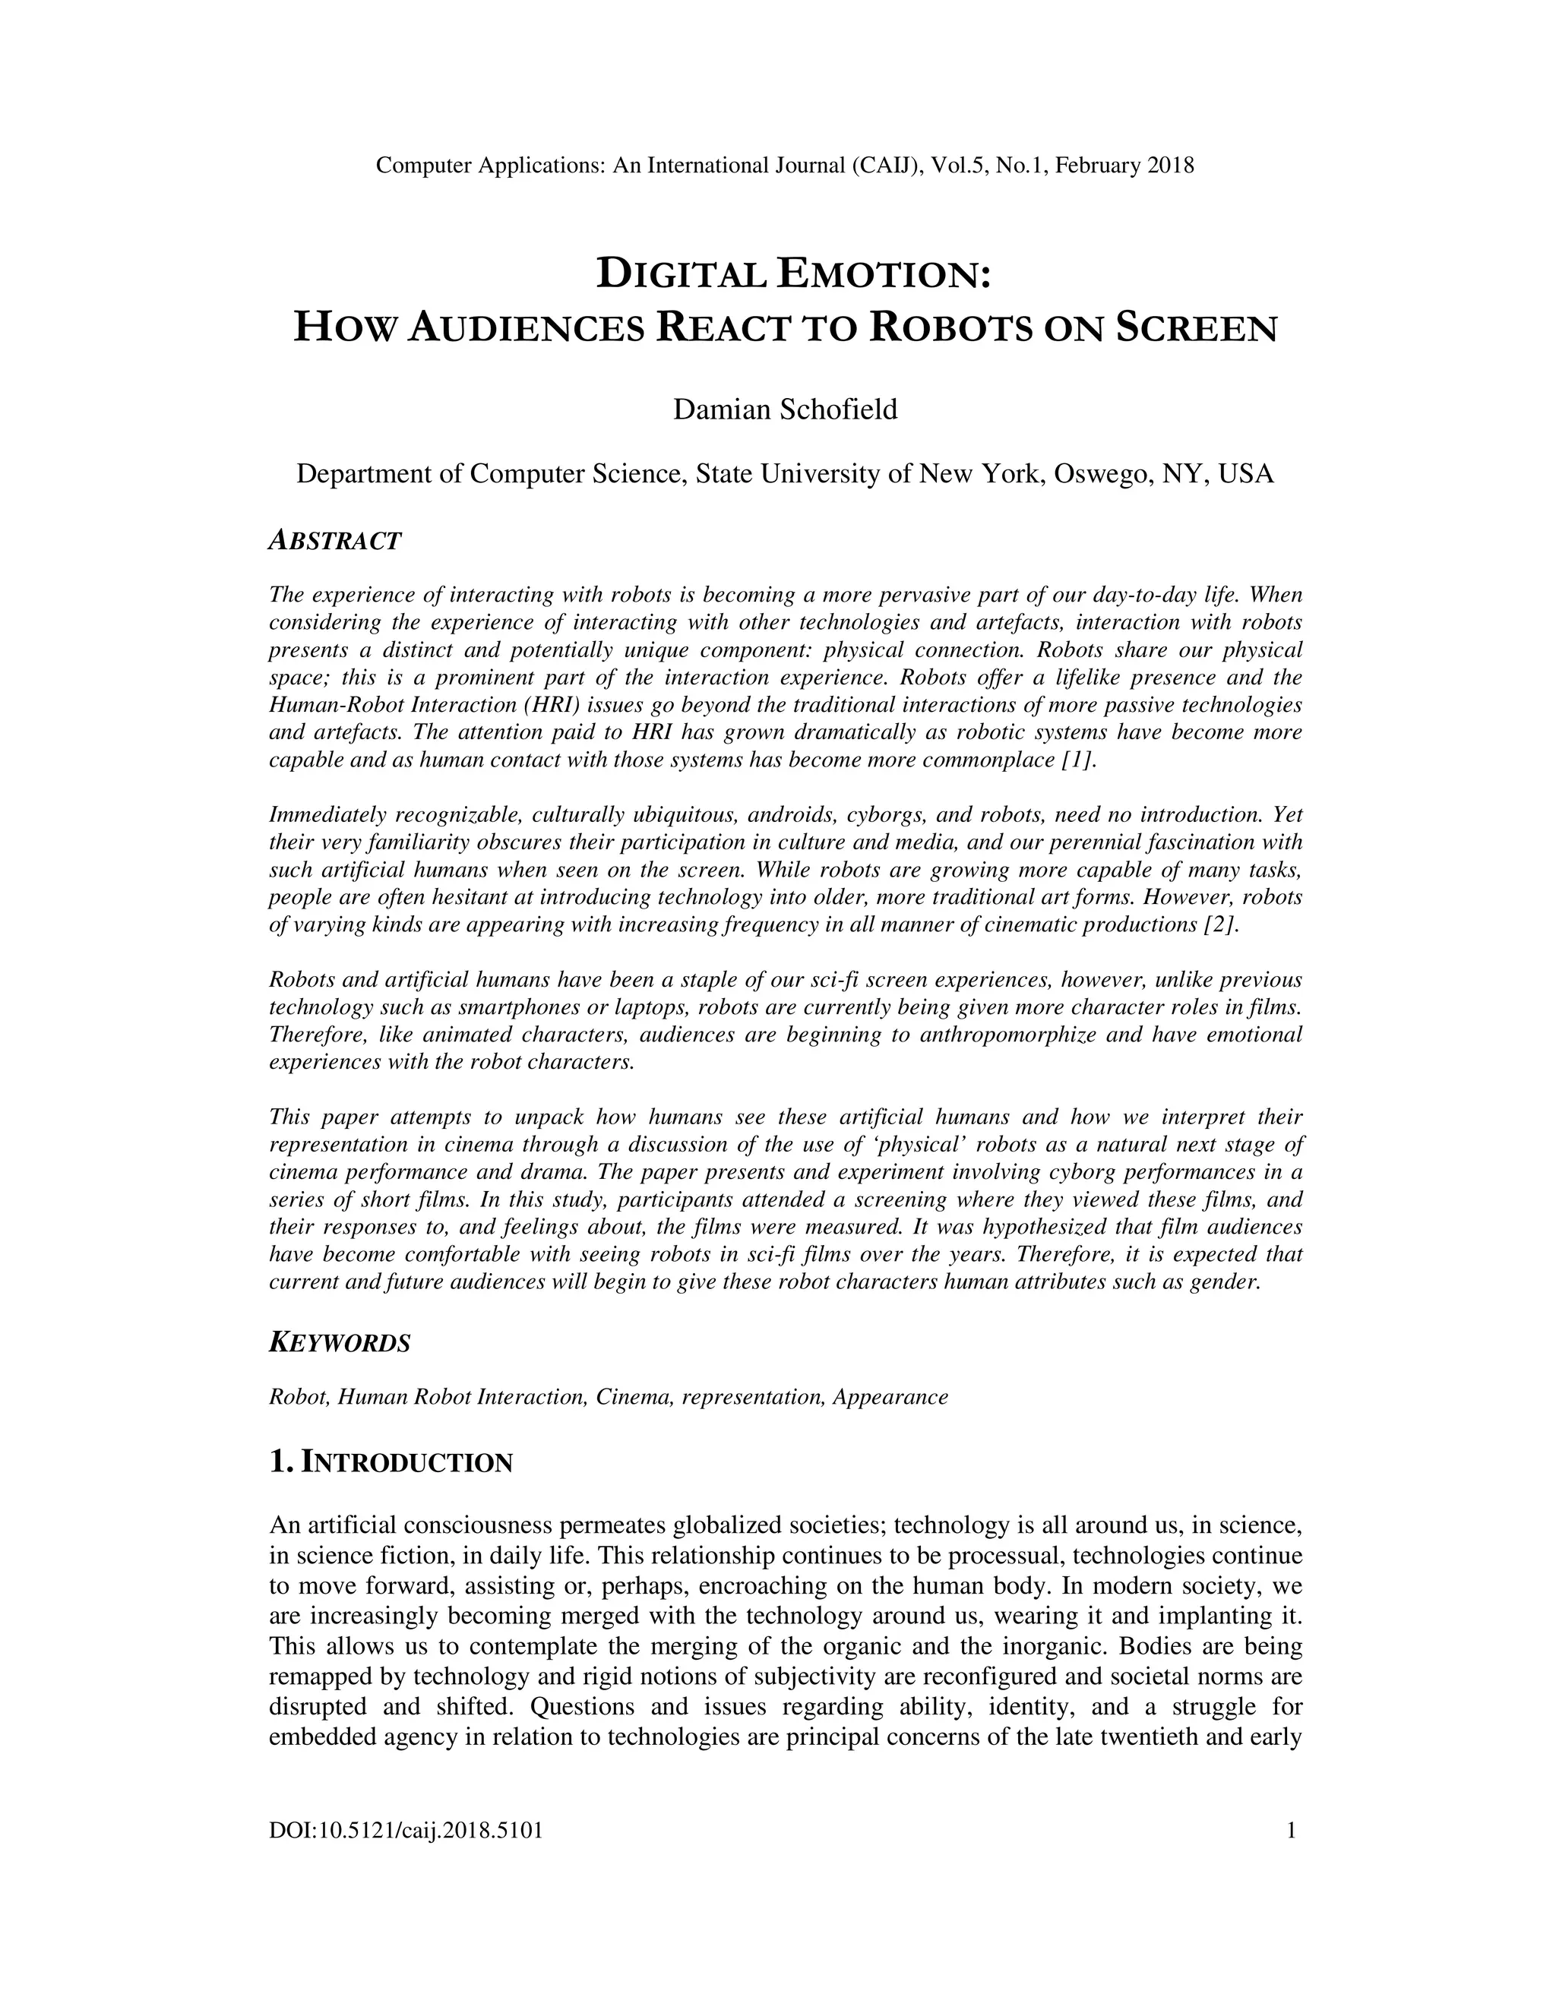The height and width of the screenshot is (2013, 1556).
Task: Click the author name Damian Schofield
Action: coord(784,409)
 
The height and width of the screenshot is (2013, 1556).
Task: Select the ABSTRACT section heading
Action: coord(334,541)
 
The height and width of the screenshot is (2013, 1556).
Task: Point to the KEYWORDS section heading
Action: coord(339,1343)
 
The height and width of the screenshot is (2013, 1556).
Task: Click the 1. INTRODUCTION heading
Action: coord(390,1463)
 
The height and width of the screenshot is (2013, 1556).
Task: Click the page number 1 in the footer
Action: coord(1292,1830)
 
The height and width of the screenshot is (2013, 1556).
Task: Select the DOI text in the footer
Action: coord(406,1831)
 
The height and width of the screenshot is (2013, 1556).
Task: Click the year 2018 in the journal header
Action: coord(1170,166)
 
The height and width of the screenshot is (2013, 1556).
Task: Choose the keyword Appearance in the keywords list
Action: coord(890,1397)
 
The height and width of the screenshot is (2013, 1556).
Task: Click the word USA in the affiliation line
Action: coord(1246,475)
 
